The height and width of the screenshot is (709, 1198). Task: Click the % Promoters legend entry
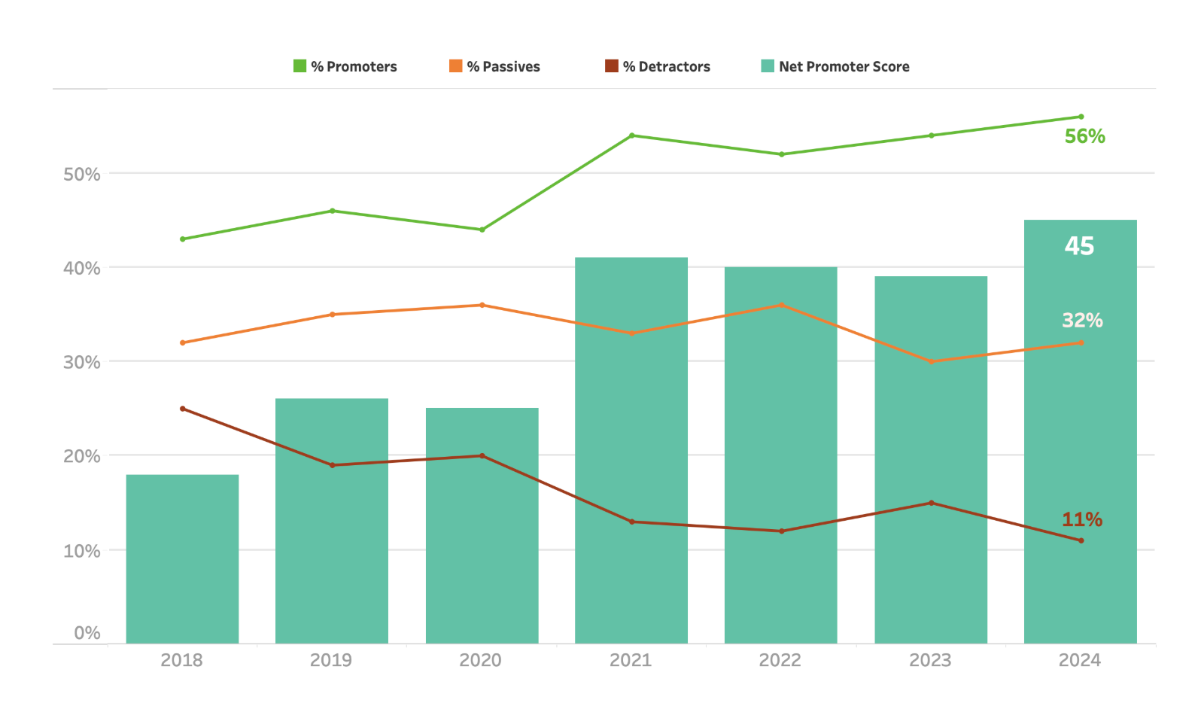pos(345,66)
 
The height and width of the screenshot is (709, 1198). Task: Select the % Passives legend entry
pos(494,66)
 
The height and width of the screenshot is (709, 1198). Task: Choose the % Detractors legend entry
pos(658,66)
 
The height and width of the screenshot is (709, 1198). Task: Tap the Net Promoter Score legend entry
pos(835,66)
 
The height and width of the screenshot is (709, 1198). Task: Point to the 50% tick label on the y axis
pos(82,175)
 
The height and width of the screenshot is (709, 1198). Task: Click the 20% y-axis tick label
pos(82,456)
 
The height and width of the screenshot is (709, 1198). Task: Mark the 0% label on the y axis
pos(87,633)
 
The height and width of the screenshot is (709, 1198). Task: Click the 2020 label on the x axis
pos(481,660)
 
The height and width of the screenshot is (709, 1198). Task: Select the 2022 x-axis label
pos(780,660)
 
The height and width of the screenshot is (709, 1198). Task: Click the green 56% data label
pos(1084,136)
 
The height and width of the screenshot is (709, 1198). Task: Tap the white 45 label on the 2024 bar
pos(1079,246)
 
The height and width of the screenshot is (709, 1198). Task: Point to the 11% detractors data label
pos(1082,519)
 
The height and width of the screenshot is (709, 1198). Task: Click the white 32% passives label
pos(1082,320)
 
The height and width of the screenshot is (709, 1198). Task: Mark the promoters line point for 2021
pos(632,135)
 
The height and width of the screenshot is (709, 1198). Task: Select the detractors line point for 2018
pos(183,409)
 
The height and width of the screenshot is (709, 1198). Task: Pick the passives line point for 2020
pos(482,305)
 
